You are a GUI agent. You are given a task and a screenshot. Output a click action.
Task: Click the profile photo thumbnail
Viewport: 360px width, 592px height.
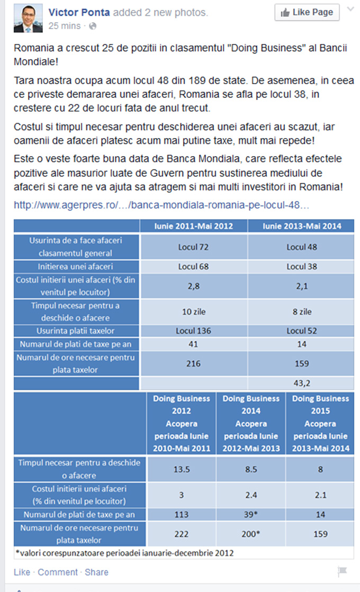[x=29, y=17]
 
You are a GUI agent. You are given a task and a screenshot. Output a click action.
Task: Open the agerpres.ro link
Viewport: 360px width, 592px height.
[x=161, y=204]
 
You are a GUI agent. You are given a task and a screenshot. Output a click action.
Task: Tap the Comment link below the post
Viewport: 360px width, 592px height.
[x=57, y=572]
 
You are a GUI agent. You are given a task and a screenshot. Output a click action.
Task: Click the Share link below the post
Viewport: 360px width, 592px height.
[x=96, y=572]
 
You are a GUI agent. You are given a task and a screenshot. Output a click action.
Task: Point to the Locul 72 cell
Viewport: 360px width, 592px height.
[x=194, y=247]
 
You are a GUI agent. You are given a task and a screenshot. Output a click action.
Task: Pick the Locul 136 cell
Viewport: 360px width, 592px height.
[x=194, y=331]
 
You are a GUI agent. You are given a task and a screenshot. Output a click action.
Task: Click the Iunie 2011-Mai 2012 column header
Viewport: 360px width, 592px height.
[x=194, y=226]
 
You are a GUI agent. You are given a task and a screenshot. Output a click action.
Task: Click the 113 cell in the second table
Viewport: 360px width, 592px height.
[x=182, y=514]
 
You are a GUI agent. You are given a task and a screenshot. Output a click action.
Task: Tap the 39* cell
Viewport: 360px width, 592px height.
[x=251, y=514]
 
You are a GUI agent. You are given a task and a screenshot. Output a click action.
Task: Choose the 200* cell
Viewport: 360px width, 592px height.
[x=251, y=534]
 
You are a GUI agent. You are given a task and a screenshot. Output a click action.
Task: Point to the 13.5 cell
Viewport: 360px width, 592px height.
[x=182, y=469]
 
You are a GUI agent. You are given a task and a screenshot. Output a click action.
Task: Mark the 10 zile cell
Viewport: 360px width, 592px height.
[x=194, y=312]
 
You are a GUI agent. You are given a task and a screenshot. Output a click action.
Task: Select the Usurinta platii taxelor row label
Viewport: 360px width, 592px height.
[x=77, y=331]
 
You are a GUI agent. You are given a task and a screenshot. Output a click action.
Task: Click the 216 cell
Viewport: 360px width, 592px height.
[x=194, y=364]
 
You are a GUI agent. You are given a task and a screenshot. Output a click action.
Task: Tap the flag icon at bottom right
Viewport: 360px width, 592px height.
[x=342, y=572]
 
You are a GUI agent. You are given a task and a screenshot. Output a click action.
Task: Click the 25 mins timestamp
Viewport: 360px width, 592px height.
[x=65, y=25]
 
